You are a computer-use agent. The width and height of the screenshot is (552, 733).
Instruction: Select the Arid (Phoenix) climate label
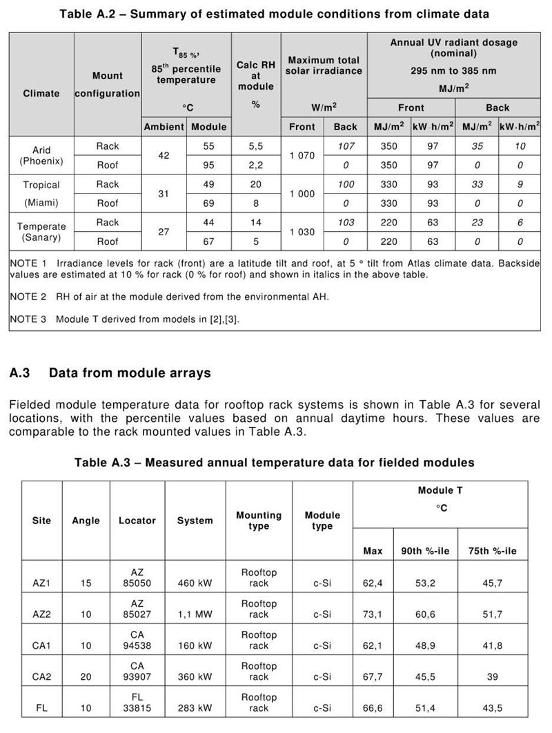41,155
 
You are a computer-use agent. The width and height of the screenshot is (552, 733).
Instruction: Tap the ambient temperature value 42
164,155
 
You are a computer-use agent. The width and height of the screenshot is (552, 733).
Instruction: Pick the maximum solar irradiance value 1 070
302,155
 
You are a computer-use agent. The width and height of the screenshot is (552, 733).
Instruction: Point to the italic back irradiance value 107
346,145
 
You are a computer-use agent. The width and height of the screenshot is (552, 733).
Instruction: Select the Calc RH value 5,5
255,145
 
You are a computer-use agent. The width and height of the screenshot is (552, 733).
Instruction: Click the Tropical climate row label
41,185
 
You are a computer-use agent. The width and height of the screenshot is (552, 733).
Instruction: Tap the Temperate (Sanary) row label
41,232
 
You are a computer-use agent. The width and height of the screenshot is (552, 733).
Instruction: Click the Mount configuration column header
107,84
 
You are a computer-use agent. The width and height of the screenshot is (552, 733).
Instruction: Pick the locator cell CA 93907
137,672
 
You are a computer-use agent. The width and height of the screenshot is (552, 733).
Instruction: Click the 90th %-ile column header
425,551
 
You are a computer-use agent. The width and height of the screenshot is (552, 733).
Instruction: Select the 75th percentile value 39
492,677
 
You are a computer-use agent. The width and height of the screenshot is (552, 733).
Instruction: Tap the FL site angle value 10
86,708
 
